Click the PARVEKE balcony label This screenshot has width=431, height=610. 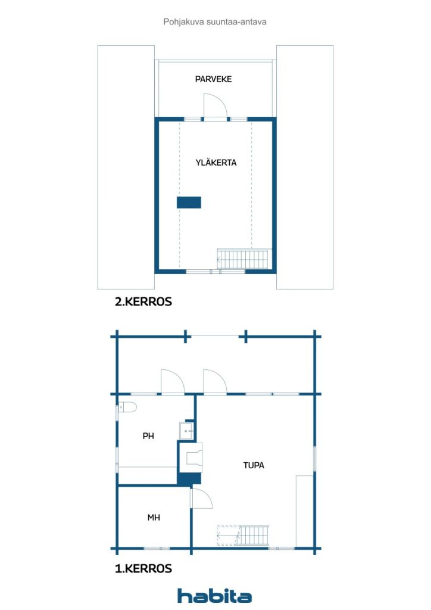(213, 79)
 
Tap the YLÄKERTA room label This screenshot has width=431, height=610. (215, 162)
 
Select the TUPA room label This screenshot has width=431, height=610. (254, 465)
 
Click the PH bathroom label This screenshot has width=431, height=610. (148, 436)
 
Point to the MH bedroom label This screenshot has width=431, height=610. (154, 518)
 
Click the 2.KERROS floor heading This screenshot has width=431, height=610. (143, 302)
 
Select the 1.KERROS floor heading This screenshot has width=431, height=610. (143, 569)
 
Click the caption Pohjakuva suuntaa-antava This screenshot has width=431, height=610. (215, 21)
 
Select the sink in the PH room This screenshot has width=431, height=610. (186, 431)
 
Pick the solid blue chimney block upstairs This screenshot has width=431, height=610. (189, 203)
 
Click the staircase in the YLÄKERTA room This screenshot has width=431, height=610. (244, 259)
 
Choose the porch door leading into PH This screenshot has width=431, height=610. (173, 382)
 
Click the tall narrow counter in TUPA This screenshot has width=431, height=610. (304, 511)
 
